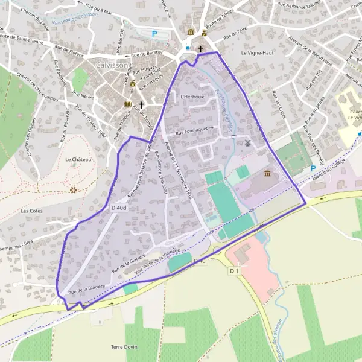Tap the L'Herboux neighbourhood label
point(192,96)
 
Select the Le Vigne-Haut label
point(258,52)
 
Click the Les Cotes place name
point(31,211)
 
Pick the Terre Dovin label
point(124,347)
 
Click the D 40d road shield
point(119,208)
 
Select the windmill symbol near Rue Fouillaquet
point(247,143)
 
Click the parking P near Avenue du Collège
point(313,168)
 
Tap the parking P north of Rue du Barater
point(154,34)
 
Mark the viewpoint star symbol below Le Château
point(74,189)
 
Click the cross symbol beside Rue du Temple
point(142,105)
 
